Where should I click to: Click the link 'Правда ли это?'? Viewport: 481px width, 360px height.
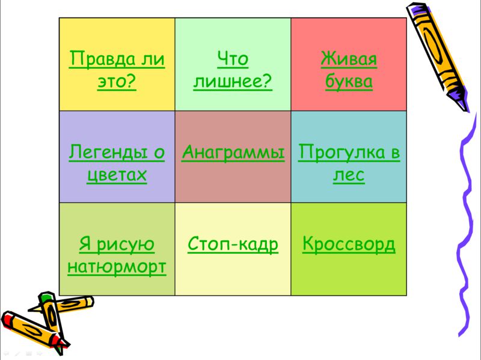pyautogui.click(x=117, y=70)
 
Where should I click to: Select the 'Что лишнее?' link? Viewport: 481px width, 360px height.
pyautogui.click(x=233, y=70)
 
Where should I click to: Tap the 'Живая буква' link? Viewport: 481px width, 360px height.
pyautogui.click(x=349, y=70)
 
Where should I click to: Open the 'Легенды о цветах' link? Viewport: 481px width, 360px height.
pyautogui.click(x=117, y=163)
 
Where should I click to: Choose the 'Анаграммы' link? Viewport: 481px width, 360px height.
pyautogui.click(x=233, y=152)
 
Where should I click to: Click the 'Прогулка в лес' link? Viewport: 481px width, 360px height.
pyautogui.click(x=349, y=163)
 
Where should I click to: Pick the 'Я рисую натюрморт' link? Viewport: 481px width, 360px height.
pyautogui.click(x=117, y=255)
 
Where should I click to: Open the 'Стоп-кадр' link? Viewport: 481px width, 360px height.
pyautogui.click(x=233, y=245)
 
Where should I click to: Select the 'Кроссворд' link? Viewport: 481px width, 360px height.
pyautogui.click(x=349, y=245)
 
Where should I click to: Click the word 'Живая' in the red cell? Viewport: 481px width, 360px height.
pyautogui.click(x=349, y=58)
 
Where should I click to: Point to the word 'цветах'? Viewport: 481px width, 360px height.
pyautogui.click(x=117, y=175)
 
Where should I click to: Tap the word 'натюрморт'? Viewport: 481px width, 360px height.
pyautogui.click(x=117, y=267)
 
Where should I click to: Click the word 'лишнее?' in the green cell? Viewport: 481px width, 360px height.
pyautogui.click(x=233, y=81)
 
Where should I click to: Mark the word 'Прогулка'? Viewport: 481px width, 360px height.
pyautogui.click(x=342, y=152)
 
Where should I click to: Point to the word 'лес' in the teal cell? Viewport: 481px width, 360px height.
pyautogui.click(x=349, y=175)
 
